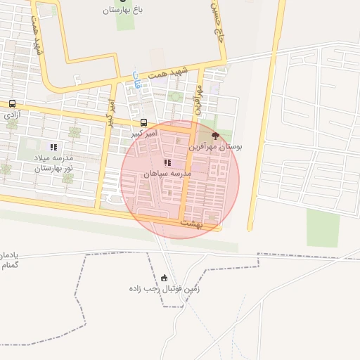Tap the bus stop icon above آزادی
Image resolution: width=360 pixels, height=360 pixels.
(13, 103)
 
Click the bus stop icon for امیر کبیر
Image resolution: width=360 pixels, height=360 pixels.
(144, 122)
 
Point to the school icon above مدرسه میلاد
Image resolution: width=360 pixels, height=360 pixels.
(53, 147)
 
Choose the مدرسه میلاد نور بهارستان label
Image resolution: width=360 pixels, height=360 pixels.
(53, 163)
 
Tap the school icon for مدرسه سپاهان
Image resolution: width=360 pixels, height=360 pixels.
(167, 162)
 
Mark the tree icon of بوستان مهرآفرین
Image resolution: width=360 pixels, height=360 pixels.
(215, 136)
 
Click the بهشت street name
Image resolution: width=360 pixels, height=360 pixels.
(191, 222)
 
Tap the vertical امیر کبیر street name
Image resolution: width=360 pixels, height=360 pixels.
(110, 112)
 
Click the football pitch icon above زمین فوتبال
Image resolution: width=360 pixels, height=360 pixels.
(165, 278)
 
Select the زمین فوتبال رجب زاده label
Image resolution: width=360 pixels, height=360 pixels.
(165, 288)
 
